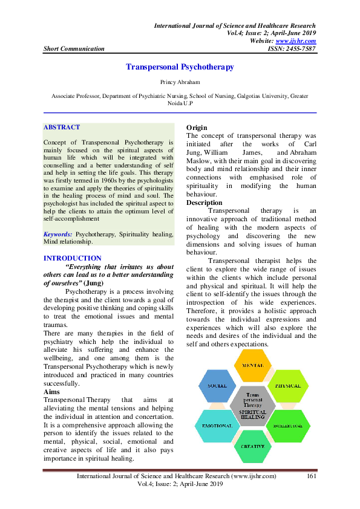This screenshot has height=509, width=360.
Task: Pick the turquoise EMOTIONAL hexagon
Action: click(217, 427)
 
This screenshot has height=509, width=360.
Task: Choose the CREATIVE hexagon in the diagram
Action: click(252, 447)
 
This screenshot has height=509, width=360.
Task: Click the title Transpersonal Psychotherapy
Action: click(180, 68)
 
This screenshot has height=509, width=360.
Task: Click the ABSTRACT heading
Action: click(62, 128)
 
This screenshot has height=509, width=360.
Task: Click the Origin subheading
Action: click(197, 128)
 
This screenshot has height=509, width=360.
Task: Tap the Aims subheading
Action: click(52, 392)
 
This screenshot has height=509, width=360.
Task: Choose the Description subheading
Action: click(205, 203)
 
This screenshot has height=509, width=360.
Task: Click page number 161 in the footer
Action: click(312, 477)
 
